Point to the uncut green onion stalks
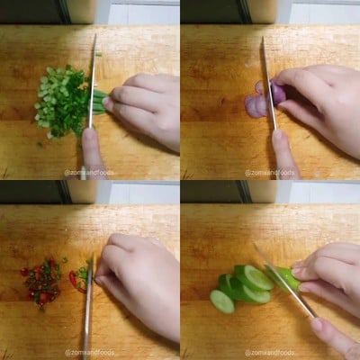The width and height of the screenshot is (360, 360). (x=99, y=101)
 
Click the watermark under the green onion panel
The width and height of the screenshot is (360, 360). (x=90, y=172)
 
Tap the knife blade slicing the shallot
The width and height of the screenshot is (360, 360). (x=268, y=81)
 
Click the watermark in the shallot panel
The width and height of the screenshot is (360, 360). (x=270, y=172)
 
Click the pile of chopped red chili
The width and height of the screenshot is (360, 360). (x=41, y=282)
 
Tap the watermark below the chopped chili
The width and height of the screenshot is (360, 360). (x=90, y=352)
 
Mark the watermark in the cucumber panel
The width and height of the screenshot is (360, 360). (x=270, y=352)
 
